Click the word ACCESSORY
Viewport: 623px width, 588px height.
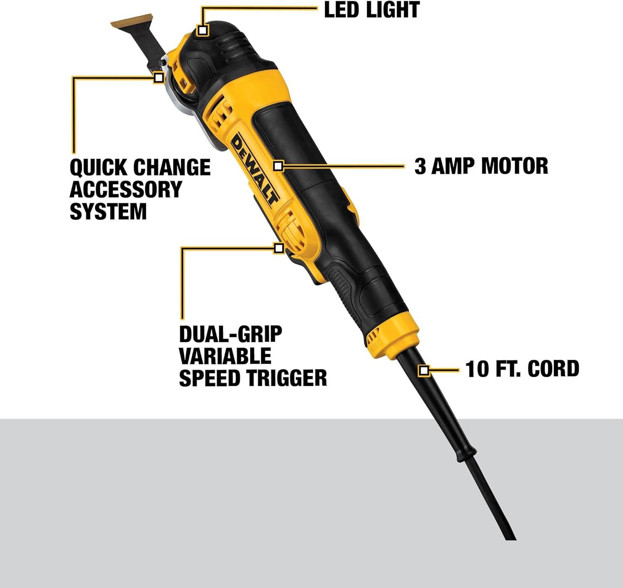coord(125,189)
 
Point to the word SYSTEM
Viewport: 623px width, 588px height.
coord(108,211)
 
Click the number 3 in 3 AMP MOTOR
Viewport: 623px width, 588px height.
coord(420,166)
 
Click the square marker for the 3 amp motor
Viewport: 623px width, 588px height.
coord(278,166)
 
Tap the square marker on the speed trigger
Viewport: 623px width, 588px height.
coord(279,248)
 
